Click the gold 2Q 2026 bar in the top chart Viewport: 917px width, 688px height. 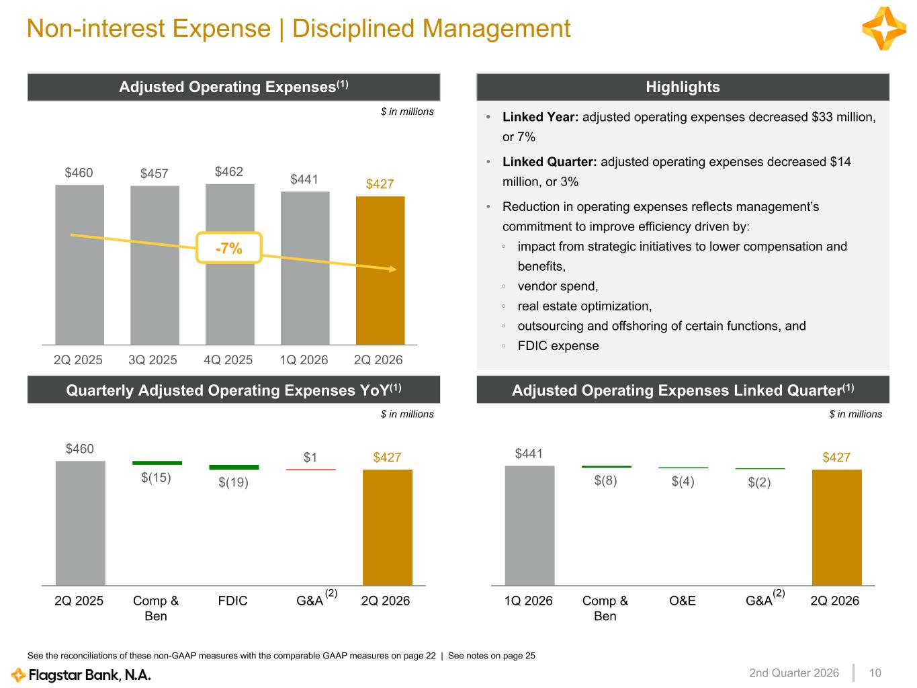point(380,270)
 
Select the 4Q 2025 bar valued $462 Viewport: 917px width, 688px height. point(230,264)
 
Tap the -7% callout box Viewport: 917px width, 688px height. point(229,248)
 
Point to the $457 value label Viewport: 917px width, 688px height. point(154,173)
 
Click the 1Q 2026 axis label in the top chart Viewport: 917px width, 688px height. point(304,359)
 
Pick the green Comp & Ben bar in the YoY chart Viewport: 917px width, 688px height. point(157,463)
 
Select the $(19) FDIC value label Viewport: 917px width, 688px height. point(234,482)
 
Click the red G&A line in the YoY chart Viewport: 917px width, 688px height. point(311,470)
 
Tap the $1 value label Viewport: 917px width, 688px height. point(310,458)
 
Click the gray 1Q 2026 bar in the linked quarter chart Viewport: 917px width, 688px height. point(530,525)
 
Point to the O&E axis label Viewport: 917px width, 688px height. point(683,601)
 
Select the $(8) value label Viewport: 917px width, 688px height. point(606,480)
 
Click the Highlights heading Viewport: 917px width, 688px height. point(683,87)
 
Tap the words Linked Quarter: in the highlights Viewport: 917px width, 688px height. point(550,162)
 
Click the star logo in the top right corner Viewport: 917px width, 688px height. point(884,28)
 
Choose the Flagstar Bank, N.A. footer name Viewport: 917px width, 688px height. point(89,675)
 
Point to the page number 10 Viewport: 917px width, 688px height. point(875,673)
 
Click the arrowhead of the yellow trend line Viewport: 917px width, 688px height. point(393,269)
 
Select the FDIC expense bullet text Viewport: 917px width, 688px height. point(558,346)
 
